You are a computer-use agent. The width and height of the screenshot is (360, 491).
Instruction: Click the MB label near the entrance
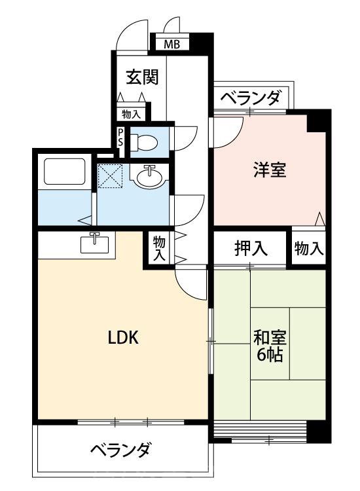(171, 45)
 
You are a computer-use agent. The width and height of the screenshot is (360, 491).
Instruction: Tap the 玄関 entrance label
(141, 77)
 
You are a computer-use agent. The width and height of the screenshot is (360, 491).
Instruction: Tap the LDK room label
(122, 338)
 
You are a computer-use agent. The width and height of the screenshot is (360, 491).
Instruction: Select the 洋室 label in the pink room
(270, 169)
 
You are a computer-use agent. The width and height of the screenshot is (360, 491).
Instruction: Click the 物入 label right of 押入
(308, 248)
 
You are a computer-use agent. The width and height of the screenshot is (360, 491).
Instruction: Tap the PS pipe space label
(120, 138)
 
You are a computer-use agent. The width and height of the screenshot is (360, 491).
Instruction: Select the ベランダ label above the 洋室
(251, 99)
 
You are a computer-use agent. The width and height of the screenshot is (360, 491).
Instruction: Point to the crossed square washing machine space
(109, 175)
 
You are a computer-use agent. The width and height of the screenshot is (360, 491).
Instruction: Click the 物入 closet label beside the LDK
(159, 248)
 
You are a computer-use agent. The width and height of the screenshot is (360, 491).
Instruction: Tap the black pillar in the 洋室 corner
(319, 120)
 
